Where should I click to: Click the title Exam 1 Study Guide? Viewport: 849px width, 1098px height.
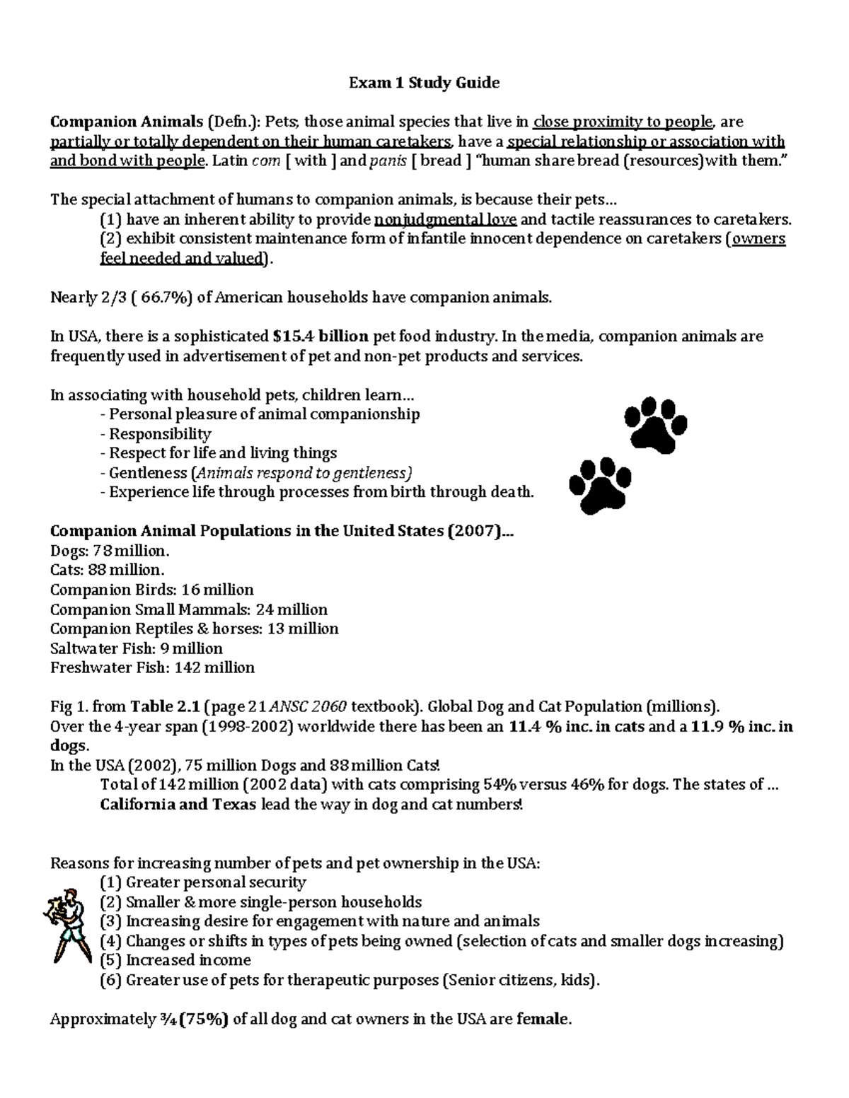tap(424, 83)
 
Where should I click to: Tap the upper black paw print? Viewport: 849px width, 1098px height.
tap(656, 424)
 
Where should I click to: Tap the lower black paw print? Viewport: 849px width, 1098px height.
tap(601, 486)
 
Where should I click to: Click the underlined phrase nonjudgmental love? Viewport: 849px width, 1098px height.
tap(445, 219)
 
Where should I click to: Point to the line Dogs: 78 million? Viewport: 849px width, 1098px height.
tap(110, 551)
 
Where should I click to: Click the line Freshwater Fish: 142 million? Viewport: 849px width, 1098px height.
tap(152, 667)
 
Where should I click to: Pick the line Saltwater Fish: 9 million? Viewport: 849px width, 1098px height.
tap(136, 648)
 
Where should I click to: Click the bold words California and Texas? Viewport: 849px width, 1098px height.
tap(178, 804)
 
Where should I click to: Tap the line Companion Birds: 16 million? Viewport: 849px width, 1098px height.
tap(151, 590)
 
